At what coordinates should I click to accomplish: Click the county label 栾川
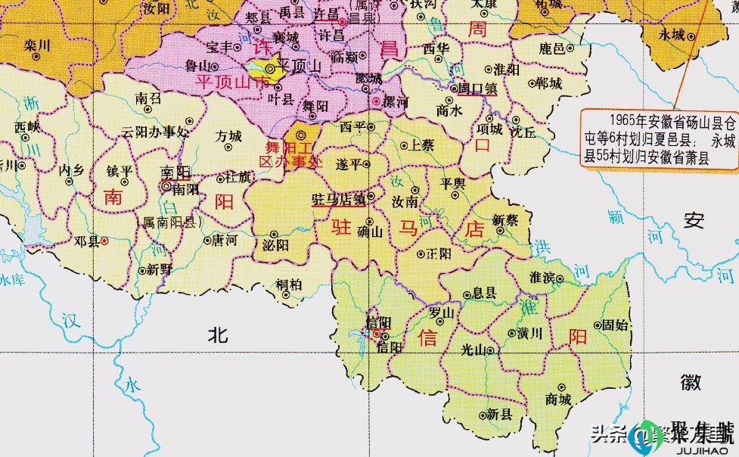[36, 45]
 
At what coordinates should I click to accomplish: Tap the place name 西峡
[26, 126]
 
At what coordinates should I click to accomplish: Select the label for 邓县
[86, 242]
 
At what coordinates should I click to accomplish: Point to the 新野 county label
[159, 269]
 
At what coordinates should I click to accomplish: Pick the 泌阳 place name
[275, 246]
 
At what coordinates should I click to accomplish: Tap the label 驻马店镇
[339, 199]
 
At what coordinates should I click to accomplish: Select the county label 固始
[615, 325]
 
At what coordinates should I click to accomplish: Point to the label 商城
[558, 399]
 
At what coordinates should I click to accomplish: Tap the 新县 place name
[499, 414]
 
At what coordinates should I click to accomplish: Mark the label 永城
[672, 35]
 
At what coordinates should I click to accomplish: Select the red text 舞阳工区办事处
[290, 154]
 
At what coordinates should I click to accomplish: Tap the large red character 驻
[342, 227]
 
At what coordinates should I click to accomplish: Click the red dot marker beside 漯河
[377, 101]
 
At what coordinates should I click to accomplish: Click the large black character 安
[694, 220]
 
